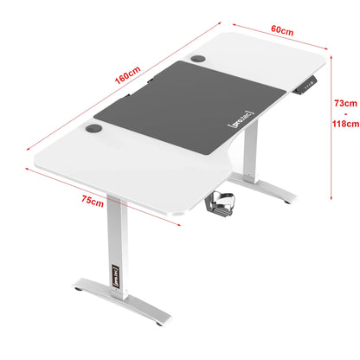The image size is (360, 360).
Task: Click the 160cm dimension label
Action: tap(127, 76)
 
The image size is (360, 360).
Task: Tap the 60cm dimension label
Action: tap(281, 30)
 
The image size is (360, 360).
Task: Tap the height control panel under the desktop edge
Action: tap(308, 87)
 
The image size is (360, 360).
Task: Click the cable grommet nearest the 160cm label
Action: tap(199, 60)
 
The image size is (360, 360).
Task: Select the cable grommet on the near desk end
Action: tap(93, 132)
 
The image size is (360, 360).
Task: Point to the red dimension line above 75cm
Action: tap(104, 186)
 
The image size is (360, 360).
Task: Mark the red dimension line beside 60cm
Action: tap(275, 39)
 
